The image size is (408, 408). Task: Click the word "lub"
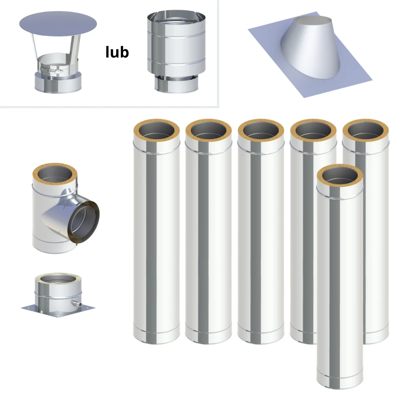117,52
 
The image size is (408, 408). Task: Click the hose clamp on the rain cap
52,70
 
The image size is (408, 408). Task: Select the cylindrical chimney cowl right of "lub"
176,51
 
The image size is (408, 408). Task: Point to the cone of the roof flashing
311,47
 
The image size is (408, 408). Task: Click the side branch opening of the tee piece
84,220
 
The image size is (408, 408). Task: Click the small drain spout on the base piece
77,304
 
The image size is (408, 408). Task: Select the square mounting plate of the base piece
58,310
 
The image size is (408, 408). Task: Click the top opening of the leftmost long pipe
156,130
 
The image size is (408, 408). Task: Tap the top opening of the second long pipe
208,130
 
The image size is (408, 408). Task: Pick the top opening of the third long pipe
261,130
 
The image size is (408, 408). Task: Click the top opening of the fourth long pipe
313,130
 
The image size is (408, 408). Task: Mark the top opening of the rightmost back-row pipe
366,130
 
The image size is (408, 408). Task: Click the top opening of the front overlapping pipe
340,175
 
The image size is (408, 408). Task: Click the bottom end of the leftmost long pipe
156,337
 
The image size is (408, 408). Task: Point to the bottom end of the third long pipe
261,337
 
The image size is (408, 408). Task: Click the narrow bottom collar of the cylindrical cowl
176,84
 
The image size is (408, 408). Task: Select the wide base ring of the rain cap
58,82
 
